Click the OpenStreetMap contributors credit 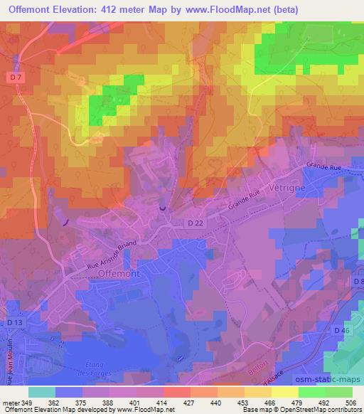tap(323, 410)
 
